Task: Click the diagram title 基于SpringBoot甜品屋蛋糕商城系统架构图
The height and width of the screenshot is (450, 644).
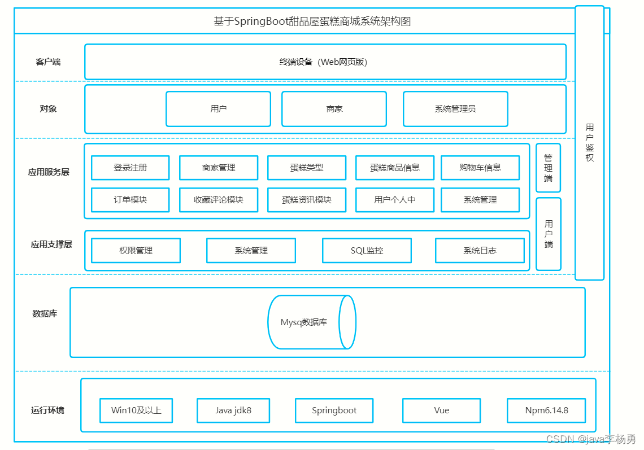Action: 312,21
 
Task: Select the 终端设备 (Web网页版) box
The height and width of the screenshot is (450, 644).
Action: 325,62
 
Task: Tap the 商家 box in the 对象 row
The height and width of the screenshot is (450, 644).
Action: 334,109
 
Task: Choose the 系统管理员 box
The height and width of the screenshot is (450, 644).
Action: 455,109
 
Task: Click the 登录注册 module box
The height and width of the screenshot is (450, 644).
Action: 130,168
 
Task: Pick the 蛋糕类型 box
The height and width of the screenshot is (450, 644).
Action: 307,168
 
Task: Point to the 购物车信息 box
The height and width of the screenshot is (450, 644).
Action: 480,168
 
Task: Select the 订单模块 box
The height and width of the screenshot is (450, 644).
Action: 130,200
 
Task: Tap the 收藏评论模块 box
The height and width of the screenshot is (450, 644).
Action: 219,200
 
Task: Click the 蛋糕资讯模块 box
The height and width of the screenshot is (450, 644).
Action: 307,200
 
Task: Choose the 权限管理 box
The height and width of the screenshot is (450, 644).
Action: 136,251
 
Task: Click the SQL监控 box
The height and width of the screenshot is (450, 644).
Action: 367,251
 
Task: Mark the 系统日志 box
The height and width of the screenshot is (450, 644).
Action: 480,251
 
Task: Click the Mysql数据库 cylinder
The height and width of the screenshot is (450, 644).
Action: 312,322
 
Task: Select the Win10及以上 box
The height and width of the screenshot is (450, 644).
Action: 136,410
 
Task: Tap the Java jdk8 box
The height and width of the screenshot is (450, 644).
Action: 233,410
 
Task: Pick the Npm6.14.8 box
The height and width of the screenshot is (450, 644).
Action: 546,410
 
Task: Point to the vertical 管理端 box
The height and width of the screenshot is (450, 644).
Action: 549,168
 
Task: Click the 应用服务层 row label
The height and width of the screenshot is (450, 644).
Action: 49,172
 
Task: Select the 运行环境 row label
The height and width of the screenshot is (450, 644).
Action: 47,410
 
